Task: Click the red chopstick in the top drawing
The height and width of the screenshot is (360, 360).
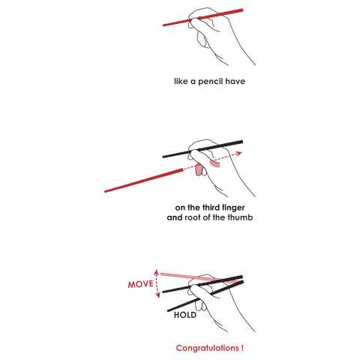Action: (x=202, y=17)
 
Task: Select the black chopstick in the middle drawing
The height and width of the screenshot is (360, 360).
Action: (x=202, y=149)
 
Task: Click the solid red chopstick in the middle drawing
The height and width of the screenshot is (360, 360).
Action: (x=144, y=181)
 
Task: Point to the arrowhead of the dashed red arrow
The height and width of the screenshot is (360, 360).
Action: (x=239, y=153)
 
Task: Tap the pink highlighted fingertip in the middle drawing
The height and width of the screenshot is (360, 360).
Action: (x=199, y=169)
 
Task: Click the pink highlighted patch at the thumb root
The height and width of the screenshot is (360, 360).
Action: (x=214, y=164)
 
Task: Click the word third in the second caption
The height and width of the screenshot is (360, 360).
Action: (x=211, y=208)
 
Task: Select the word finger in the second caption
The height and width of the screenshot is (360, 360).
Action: (x=233, y=208)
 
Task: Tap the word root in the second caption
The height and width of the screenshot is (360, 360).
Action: (x=193, y=217)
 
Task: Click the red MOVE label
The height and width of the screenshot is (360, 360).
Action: (x=141, y=284)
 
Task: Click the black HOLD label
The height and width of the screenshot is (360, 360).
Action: (x=185, y=315)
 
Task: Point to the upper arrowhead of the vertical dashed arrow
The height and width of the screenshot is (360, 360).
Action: (x=157, y=272)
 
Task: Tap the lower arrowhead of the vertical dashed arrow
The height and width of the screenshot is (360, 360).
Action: (x=157, y=295)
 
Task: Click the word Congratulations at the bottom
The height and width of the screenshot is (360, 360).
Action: (x=208, y=348)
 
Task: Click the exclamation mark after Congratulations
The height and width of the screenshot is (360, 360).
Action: (x=242, y=348)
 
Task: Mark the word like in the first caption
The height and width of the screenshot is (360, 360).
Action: (x=181, y=81)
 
